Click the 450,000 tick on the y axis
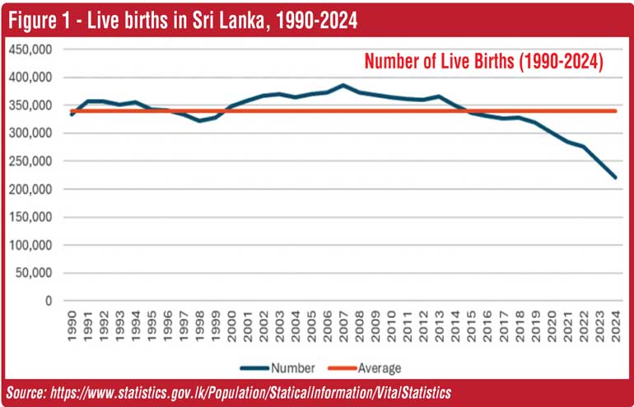click(x=30, y=49)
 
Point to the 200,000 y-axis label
click(x=30, y=189)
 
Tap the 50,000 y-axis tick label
click(x=34, y=274)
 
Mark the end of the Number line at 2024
click(x=615, y=177)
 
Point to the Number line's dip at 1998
click(x=200, y=121)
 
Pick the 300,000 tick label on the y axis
click(x=30, y=133)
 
